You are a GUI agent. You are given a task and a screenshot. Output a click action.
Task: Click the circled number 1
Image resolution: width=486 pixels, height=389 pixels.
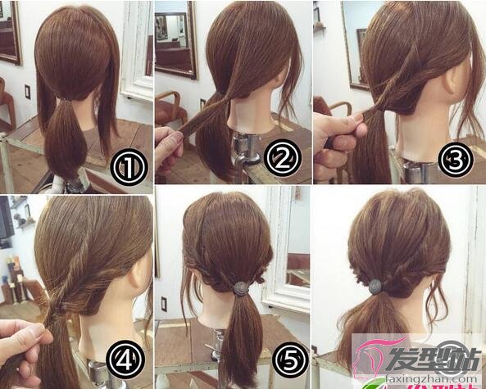129,168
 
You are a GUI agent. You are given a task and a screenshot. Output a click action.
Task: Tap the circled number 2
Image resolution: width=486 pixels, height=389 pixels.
283,157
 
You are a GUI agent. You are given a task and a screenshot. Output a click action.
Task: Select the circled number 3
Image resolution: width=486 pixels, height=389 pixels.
456,159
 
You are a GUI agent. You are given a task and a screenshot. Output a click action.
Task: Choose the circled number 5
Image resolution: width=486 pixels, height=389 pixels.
290,360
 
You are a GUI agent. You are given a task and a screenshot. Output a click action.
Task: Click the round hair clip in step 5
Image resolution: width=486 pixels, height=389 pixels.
240,288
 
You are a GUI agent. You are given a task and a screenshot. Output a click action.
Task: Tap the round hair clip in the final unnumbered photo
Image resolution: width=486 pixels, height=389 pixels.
375,286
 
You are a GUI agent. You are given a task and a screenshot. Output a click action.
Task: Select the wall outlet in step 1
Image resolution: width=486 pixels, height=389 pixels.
28,92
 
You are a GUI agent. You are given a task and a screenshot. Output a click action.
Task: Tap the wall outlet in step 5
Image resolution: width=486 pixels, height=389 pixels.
164,304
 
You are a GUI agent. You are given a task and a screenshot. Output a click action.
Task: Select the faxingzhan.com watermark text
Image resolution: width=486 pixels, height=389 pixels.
432,378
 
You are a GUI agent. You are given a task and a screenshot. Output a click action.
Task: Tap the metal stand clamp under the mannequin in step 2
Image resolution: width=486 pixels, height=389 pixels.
247,148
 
